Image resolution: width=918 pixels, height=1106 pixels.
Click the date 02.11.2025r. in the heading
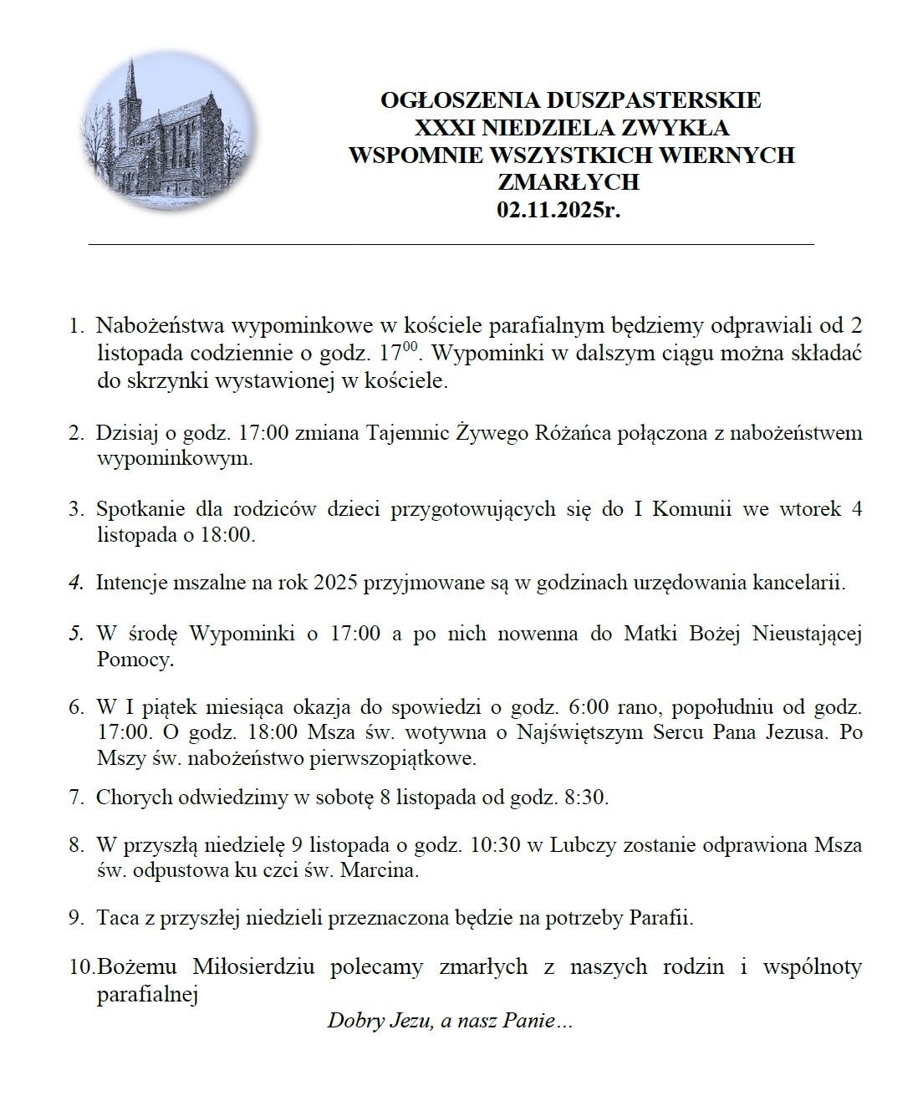[558, 209]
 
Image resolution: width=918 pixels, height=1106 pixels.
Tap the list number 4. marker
[76, 583]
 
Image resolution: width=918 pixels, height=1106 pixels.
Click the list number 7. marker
[76, 797]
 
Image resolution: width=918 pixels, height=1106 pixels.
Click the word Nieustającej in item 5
[807, 633]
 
